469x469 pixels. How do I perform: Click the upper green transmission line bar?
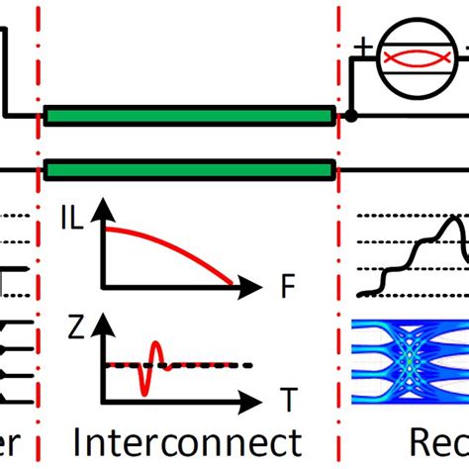[x=188, y=117]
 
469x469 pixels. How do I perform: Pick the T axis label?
[x=288, y=401]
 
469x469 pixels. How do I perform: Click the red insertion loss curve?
[x=178, y=242]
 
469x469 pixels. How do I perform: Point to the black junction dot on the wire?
[x=349, y=117]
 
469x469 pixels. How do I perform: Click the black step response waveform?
[x=416, y=252]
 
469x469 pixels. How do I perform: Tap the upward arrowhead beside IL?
[x=100, y=207]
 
